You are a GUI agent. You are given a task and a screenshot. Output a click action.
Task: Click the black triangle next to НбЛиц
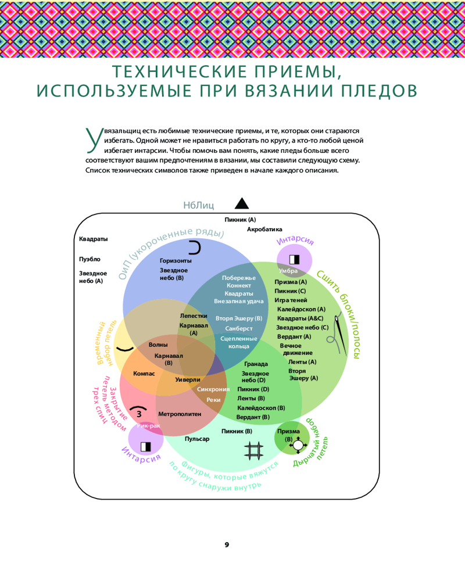tap(241, 203)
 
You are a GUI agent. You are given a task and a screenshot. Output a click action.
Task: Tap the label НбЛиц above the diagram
tap(199, 205)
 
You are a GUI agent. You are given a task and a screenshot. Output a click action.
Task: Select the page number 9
tap(227, 544)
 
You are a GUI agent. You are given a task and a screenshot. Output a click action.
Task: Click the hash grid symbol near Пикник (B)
tap(253, 451)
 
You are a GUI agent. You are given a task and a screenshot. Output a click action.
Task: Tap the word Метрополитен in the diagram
tap(180, 414)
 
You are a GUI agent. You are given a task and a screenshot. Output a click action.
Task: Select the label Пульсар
tap(197, 439)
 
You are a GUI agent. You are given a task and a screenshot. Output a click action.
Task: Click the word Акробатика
tap(264, 229)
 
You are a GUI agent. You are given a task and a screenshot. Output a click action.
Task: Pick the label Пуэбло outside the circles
tap(90, 259)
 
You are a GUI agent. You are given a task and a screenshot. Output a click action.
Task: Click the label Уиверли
tap(187, 379)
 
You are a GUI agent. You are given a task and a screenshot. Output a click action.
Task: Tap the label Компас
tap(144, 373)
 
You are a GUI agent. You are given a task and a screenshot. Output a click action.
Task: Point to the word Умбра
tap(288, 271)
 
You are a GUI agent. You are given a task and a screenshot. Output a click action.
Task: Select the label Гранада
tap(256, 364)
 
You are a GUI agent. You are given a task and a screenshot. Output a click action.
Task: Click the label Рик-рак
tap(148, 426)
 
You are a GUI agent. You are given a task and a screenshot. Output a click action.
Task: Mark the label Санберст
tap(239, 328)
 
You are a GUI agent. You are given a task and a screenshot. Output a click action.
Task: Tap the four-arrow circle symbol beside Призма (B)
tap(298, 445)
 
